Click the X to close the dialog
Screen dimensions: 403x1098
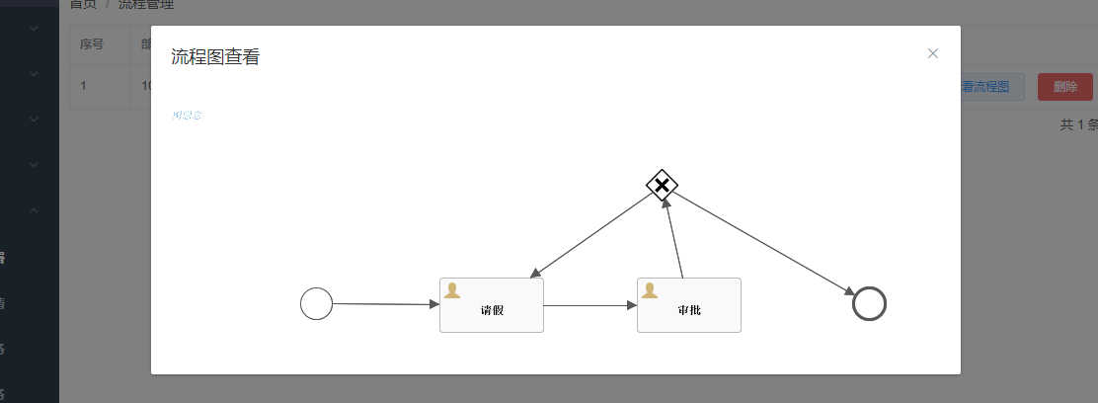pos(932,53)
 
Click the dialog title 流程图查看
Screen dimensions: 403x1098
pos(215,57)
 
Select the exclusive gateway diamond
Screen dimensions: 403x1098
pos(662,185)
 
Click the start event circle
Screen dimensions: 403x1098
pos(316,303)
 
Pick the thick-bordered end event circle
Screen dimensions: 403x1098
pos(869,303)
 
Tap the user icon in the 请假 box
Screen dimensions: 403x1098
pos(452,290)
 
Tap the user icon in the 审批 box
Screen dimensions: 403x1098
pos(650,290)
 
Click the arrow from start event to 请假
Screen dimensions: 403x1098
pos(385,304)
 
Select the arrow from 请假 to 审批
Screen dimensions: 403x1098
pos(590,305)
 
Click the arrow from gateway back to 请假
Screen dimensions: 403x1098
pos(592,234)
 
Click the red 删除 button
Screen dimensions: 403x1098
pos(1065,87)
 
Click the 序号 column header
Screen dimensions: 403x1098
pos(92,43)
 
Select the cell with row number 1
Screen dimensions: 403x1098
pos(84,86)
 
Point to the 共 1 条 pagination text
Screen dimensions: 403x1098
pos(1078,124)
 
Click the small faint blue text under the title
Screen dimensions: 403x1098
pos(187,116)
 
